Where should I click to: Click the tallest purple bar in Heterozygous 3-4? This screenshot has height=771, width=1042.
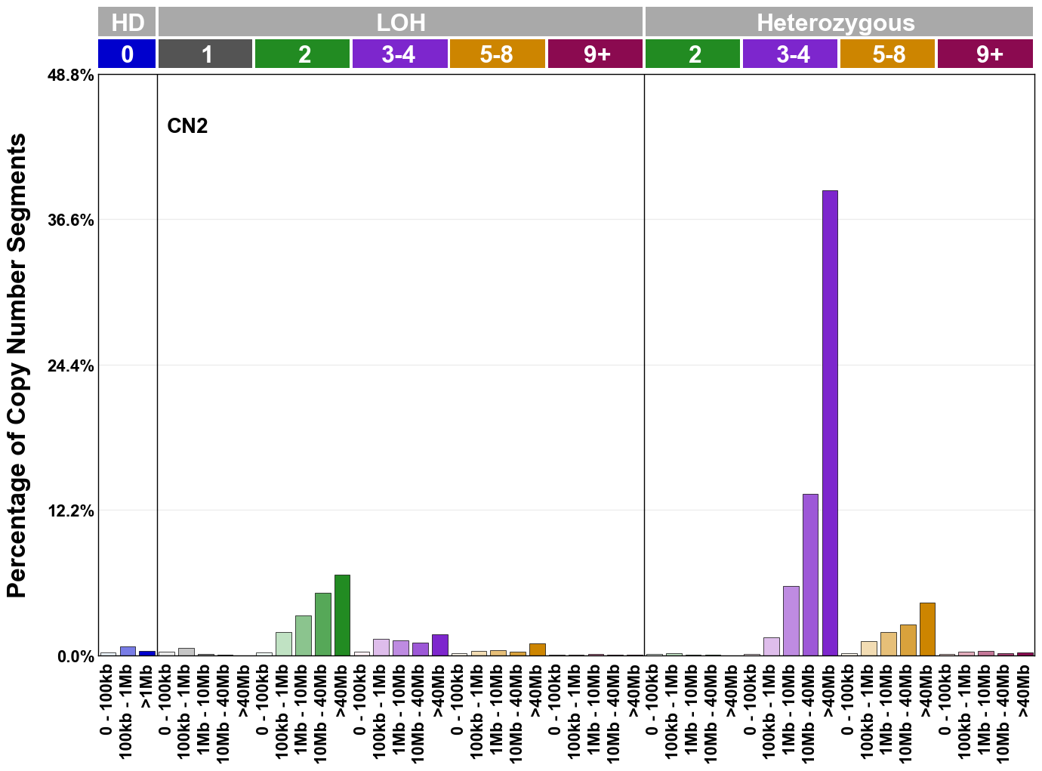pos(829,423)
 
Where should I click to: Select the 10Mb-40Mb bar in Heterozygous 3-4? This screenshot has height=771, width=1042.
pos(810,575)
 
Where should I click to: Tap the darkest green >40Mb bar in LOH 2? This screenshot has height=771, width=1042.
pos(342,615)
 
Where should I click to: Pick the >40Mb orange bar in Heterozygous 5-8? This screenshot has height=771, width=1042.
pos(927,629)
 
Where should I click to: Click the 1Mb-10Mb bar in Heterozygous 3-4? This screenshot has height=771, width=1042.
pos(791,621)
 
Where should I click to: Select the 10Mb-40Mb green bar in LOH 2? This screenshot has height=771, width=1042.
pos(322,625)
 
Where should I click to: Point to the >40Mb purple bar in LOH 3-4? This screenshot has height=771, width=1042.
pos(439,645)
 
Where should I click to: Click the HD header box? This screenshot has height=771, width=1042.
pos(127,22)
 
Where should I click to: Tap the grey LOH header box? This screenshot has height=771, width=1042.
pos(400,22)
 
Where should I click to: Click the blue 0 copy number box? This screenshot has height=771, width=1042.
pos(127,54)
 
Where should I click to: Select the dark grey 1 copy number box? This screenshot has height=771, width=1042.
pos(205,54)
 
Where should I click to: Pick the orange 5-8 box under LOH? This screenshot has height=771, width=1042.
pos(497,54)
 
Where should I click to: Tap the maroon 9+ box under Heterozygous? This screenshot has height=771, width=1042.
pos(985,54)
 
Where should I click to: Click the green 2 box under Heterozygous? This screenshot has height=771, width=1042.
pos(692,54)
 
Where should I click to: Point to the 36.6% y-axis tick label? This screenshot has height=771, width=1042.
pos(71,221)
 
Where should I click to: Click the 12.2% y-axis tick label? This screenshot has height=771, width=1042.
pos(71,511)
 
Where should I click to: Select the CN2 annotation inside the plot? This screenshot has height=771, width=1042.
pos(187,126)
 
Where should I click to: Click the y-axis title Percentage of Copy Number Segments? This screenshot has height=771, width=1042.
pos(17,365)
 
